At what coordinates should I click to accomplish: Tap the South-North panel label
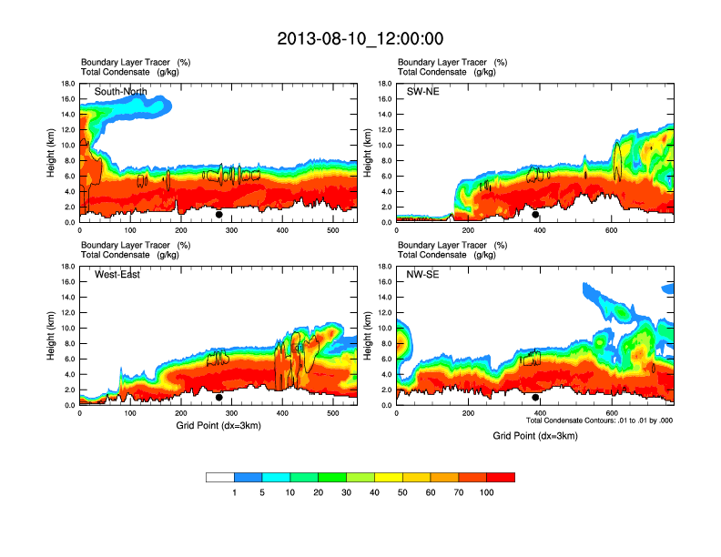coord(122,92)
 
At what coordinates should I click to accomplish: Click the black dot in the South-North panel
coord(219,215)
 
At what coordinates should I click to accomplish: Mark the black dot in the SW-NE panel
coord(535,215)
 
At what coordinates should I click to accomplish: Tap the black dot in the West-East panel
coord(219,398)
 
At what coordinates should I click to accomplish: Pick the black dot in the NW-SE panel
coord(535,398)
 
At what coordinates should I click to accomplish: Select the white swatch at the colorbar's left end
coord(220,477)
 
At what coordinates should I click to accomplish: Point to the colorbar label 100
coord(487,492)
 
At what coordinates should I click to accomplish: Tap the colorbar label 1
coord(235,492)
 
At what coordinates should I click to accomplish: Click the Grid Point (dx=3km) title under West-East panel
coord(218,426)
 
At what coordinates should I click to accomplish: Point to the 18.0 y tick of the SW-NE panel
coord(385,84)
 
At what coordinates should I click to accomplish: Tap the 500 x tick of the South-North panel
coord(332,231)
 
